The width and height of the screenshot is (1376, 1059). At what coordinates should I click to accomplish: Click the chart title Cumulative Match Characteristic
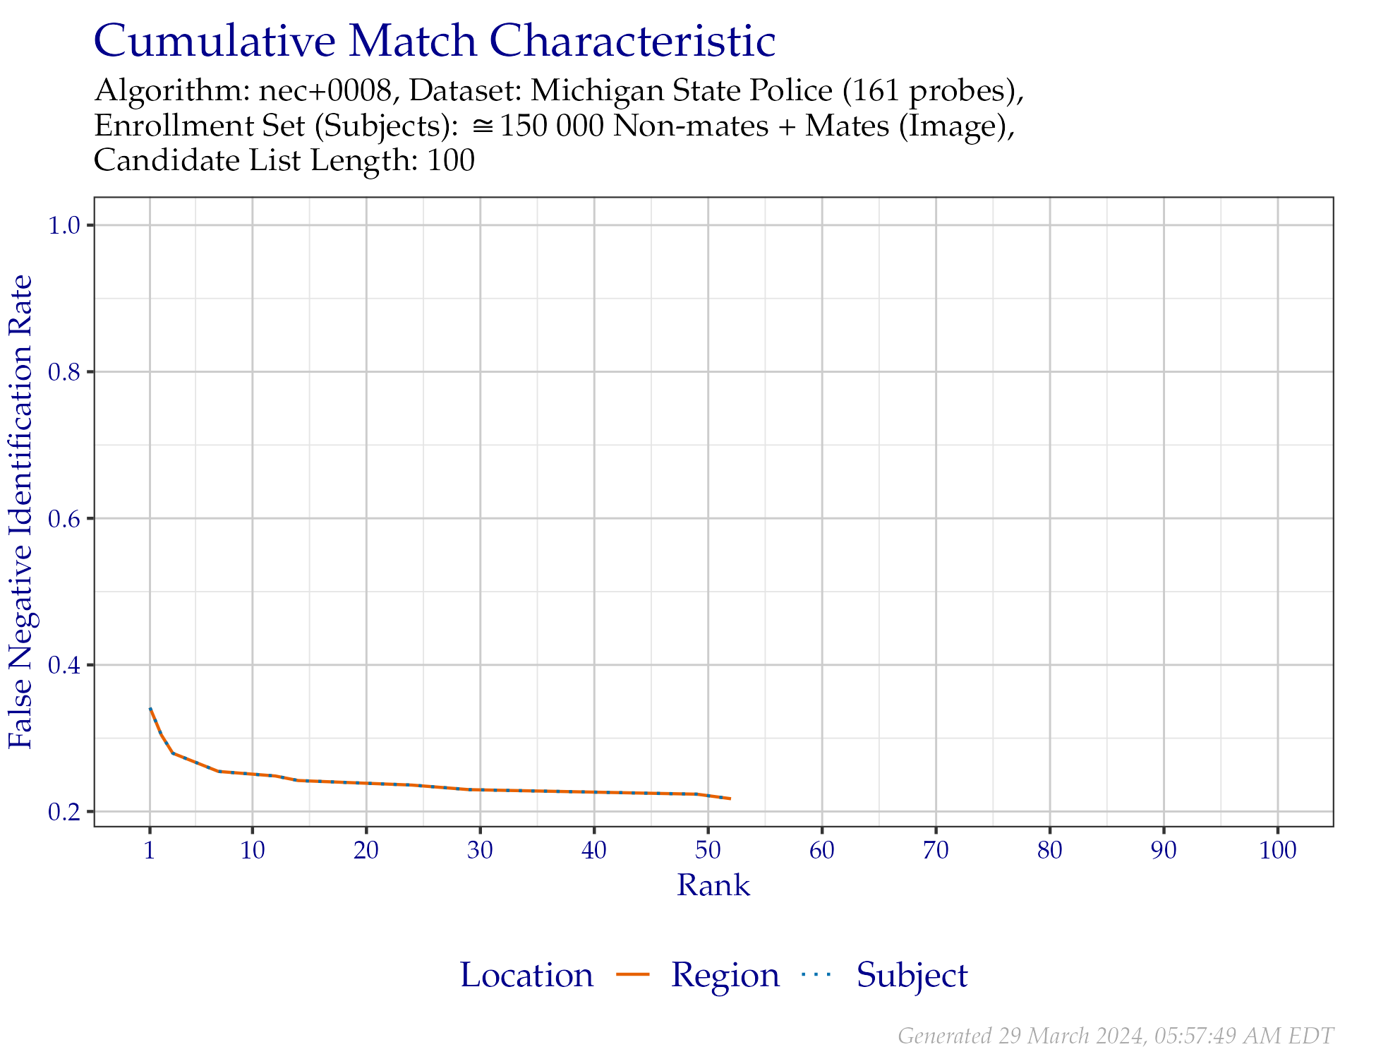434,41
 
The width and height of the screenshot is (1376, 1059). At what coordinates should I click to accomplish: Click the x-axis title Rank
713,885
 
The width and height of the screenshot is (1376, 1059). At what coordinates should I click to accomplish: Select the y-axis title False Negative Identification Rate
21,512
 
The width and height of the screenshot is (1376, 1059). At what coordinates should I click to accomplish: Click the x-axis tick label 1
150,850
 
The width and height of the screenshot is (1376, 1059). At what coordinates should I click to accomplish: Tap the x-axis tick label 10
253,850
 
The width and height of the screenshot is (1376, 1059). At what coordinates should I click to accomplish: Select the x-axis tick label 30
480,850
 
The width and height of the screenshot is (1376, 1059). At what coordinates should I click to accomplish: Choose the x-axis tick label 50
708,850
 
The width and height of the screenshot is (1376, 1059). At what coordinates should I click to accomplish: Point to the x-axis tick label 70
936,850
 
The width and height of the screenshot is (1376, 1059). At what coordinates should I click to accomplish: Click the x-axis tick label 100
1278,850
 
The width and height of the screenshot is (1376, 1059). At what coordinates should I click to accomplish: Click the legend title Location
526,975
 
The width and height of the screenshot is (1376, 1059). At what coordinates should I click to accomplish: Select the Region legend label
725,975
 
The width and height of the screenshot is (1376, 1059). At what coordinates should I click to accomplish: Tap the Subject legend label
912,975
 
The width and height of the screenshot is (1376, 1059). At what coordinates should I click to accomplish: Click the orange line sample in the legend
633,975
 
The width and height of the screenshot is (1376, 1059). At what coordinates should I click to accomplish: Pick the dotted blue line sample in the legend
817,975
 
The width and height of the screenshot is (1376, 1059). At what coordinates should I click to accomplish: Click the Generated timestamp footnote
1115,1036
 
